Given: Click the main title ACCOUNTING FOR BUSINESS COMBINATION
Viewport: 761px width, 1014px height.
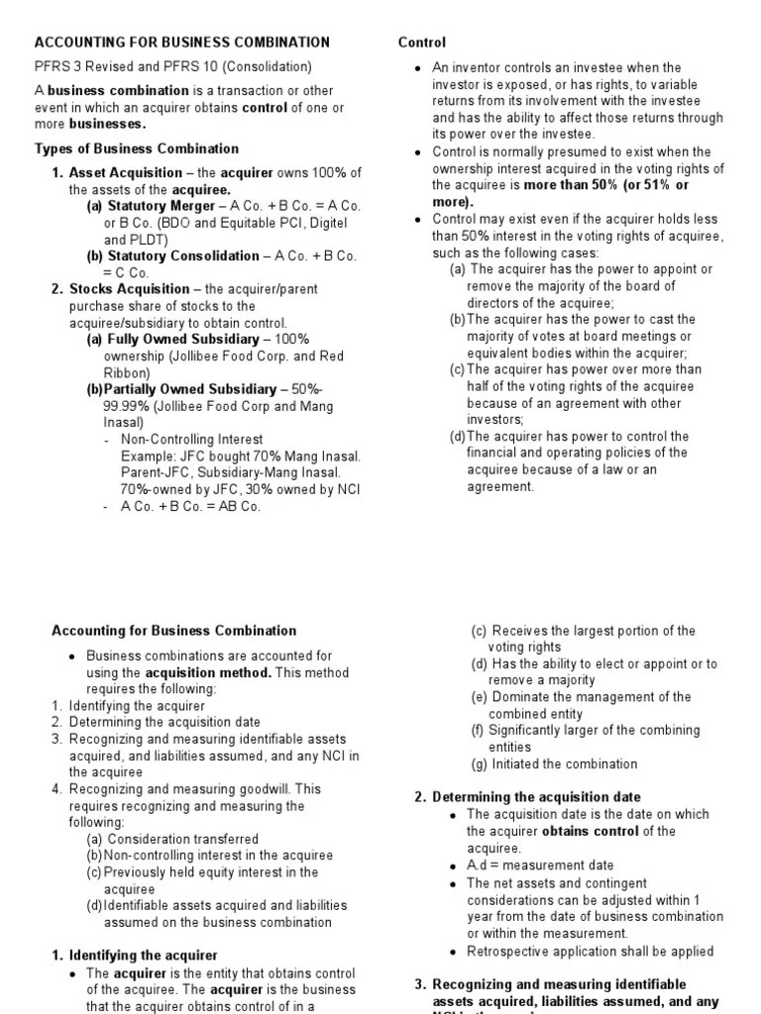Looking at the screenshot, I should click(x=182, y=43).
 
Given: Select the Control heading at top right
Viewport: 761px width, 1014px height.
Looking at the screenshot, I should click(x=422, y=43).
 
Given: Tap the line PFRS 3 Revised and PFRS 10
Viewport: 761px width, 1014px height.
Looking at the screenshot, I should click(x=173, y=67).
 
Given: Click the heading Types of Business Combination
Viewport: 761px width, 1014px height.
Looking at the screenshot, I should click(x=137, y=149).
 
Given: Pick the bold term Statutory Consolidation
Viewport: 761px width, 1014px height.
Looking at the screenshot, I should click(x=173, y=255).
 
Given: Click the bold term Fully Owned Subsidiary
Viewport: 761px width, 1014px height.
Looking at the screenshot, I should click(x=175, y=340).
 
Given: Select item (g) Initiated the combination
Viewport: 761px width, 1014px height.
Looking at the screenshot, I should click(x=554, y=763).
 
